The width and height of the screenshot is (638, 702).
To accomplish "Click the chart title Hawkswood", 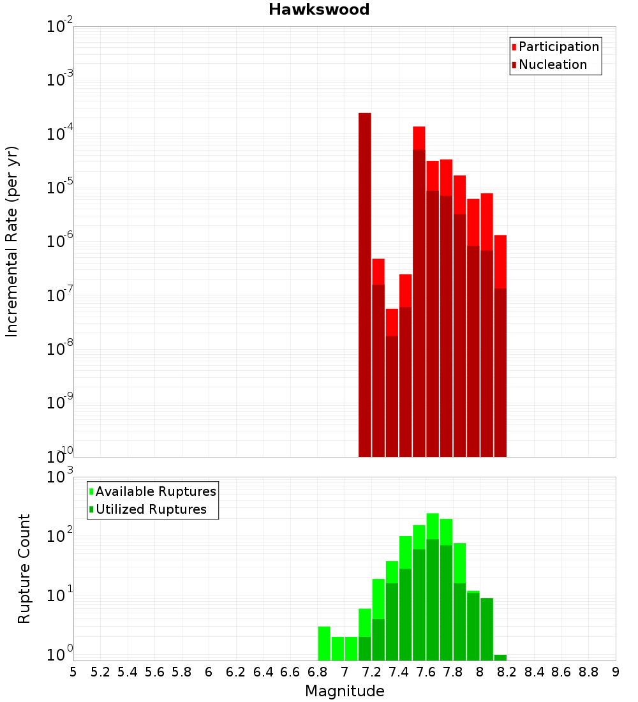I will [x=319, y=10].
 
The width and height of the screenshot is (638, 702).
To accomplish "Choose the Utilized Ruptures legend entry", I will [x=151, y=509].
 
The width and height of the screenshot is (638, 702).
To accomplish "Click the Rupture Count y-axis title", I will [x=24, y=568].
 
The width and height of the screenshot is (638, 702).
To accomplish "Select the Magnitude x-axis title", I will [x=345, y=691].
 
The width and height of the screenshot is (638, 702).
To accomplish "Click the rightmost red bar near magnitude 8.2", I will [x=500, y=345].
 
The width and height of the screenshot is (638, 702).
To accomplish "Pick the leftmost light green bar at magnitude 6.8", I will [x=324, y=643].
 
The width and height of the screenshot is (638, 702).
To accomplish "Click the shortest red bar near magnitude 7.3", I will [x=392, y=383].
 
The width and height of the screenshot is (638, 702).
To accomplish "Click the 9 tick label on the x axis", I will [x=616, y=672].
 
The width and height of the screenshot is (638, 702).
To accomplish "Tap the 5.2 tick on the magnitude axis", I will [x=100, y=672].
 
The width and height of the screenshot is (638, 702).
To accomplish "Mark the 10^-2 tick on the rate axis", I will [x=60, y=27].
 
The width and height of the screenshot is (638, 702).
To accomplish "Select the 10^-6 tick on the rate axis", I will [x=60, y=242].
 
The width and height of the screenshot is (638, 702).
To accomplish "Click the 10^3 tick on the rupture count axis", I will [x=60, y=477].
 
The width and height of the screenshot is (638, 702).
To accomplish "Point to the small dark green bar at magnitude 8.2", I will [x=500, y=657].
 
